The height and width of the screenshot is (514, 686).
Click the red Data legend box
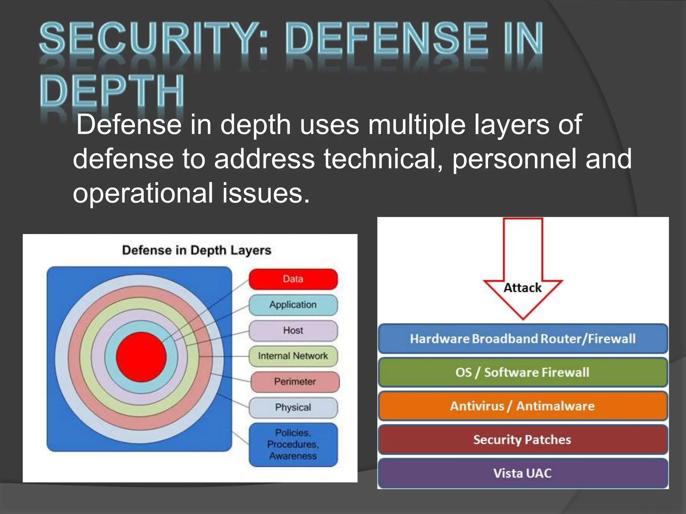[x=293, y=279]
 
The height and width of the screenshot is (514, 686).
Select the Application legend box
[x=293, y=305]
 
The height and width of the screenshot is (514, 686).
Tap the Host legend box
[x=293, y=330]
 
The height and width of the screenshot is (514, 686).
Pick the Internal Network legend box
[x=293, y=356]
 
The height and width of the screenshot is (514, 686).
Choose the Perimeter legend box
[x=295, y=381]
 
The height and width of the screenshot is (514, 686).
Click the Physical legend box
[x=293, y=407]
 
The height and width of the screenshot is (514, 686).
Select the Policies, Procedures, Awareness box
[x=293, y=444]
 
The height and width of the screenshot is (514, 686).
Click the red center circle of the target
[x=141, y=357]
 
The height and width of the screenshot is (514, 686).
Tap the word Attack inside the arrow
[x=523, y=288]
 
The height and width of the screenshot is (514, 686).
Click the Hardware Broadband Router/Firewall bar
[x=523, y=339]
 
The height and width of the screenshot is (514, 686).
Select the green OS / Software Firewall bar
[x=523, y=372]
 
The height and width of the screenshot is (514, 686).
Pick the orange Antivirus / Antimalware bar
[x=523, y=406]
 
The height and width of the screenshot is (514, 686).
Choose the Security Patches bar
[x=523, y=439]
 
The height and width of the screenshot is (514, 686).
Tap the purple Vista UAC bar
[x=523, y=473]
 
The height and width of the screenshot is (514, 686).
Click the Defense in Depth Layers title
[x=197, y=250]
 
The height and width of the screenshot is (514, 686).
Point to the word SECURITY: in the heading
[x=154, y=38]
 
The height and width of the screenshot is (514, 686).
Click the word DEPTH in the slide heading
[x=112, y=90]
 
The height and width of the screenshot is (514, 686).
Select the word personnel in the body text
[x=514, y=159]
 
